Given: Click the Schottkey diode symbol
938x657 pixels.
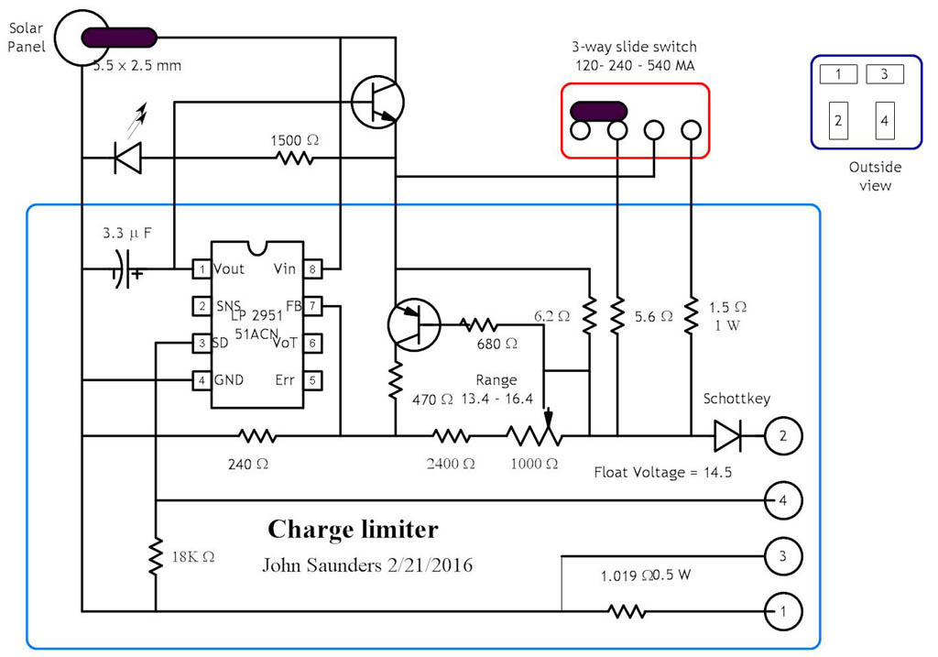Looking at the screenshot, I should [727, 435].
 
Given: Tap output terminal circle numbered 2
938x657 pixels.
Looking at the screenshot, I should [783, 435].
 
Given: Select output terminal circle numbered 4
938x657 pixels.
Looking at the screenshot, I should [783, 500].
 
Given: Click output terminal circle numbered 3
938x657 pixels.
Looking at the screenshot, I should [783, 555].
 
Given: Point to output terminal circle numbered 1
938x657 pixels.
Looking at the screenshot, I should [783, 610].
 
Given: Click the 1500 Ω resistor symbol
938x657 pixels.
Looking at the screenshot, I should [295, 158].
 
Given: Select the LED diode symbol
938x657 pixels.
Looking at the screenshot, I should [127, 158].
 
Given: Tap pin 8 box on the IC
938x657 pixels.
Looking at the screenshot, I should [312, 268].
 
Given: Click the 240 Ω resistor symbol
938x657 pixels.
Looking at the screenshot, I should [256, 435].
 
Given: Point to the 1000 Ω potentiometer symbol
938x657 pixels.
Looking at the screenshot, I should [534, 435].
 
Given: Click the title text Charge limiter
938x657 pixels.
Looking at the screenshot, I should [353, 530].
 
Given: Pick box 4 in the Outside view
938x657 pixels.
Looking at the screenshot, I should [884, 120].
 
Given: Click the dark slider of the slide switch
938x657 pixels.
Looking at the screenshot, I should [598, 111].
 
